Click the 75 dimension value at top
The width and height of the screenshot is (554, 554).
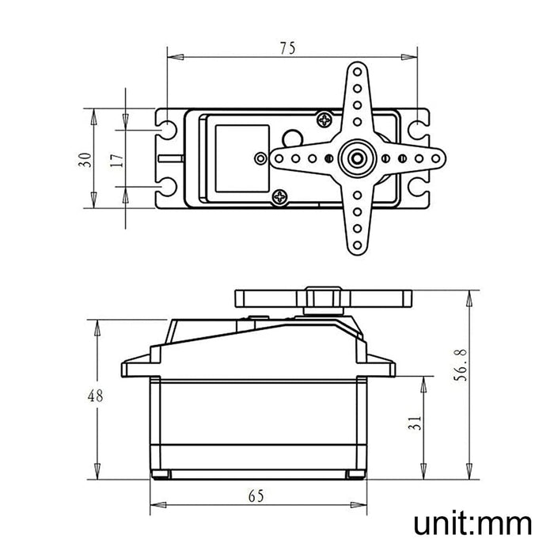[x=287, y=48]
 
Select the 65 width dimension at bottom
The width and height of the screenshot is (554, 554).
[x=256, y=496]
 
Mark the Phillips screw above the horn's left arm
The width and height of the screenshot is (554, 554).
[x=326, y=120]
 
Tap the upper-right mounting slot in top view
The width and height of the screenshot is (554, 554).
[x=417, y=127]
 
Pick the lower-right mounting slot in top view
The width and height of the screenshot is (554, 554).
[x=417, y=187]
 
